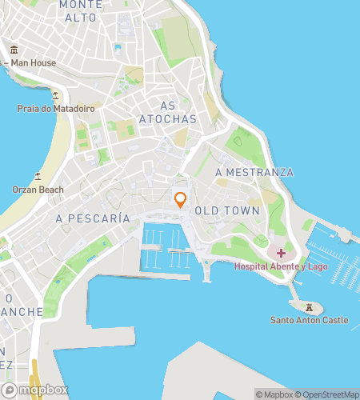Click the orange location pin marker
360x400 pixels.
click(x=181, y=199)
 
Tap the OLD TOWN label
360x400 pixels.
click(x=233, y=211)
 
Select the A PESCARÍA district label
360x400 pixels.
click(x=92, y=218)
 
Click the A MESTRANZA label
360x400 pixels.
click(x=254, y=172)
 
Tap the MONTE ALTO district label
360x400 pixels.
click(x=81, y=10)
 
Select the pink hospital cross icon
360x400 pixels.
click(x=280, y=253)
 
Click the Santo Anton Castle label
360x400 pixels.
click(x=309, y=320)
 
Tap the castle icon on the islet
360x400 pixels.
click(x=308, y=306)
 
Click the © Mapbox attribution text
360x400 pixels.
click(x=274, y=394)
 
